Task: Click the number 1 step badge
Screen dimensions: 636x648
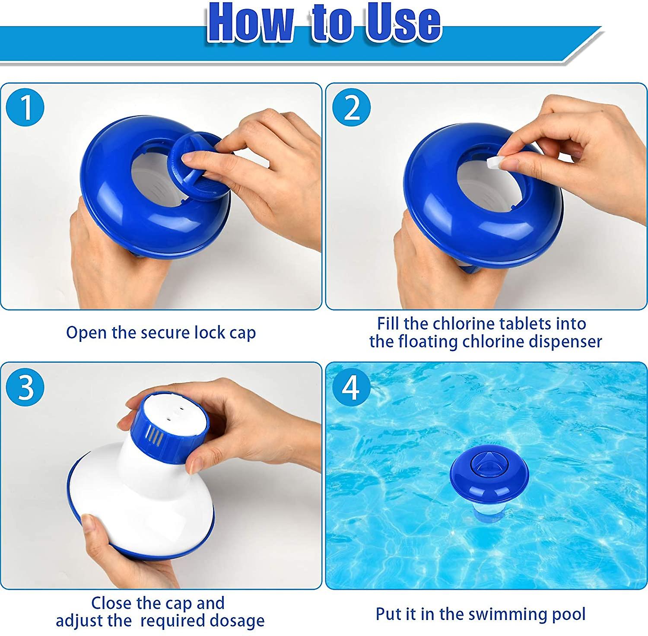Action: click(25, 108)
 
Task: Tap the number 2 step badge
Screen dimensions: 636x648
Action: click(352, 108)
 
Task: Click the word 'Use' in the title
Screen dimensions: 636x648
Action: click(404, 22)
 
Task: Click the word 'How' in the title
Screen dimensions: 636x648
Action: click(251, 22)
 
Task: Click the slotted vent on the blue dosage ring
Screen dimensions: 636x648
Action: click(155, 436)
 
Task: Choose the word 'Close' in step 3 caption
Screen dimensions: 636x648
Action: click(111, 603)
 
